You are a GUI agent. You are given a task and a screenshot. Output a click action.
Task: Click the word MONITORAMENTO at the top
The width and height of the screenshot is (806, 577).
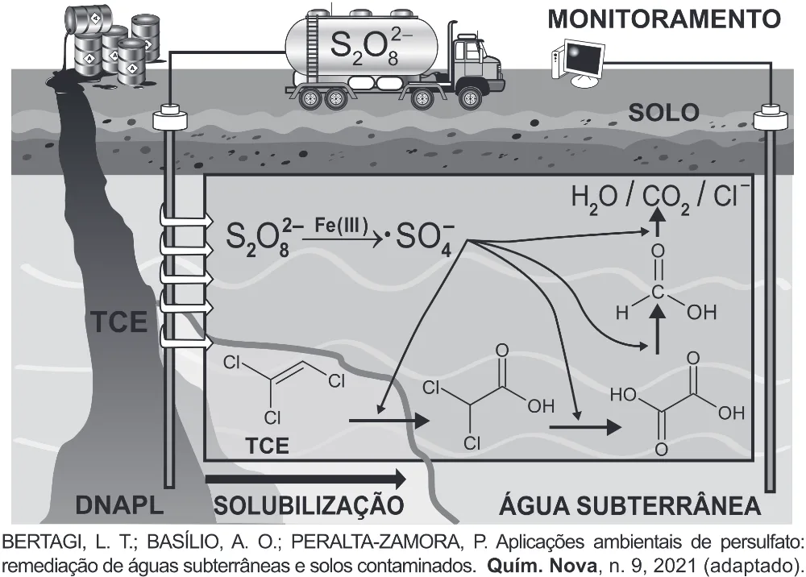(x=664, y=19)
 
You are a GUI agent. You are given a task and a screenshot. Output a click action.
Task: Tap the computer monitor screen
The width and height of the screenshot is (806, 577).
(x=585, y=58)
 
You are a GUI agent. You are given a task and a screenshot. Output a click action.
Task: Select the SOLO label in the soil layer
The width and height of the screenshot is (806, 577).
(x=663, y=113)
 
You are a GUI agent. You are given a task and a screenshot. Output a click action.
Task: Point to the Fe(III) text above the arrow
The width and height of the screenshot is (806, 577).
(x=341, y=226)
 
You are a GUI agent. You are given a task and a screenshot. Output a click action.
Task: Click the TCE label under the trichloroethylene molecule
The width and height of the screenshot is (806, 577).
(x=267, y=446)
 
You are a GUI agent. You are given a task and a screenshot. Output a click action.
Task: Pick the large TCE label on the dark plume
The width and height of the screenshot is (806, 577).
(x=119, y=322)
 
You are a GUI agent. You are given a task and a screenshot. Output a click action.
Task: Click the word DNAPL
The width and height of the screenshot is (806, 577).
(x=120, y=505)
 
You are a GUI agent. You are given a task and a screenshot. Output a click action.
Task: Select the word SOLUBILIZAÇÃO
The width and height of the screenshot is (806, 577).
(x=309, y=504)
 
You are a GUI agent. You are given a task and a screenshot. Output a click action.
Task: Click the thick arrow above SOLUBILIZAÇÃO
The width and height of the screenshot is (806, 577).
(x=305, y=479)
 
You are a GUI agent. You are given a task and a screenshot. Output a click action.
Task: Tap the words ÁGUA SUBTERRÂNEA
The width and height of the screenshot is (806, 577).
(x=630, y=505)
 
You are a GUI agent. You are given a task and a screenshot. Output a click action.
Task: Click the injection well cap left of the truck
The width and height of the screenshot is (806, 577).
(x=169, y=119)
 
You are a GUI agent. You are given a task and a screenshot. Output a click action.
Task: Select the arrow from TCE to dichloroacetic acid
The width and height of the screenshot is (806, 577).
(x=389, y=421)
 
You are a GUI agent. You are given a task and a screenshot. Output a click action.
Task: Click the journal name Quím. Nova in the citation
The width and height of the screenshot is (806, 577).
(x=542, y=567)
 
